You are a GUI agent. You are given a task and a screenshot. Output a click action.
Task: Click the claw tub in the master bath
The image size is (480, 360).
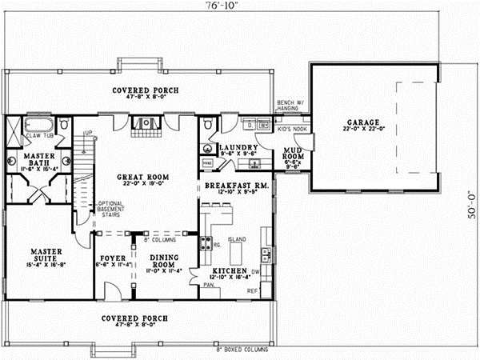coord(38,127)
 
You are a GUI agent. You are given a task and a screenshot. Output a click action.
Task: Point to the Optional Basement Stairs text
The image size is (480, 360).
coord(110,210)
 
